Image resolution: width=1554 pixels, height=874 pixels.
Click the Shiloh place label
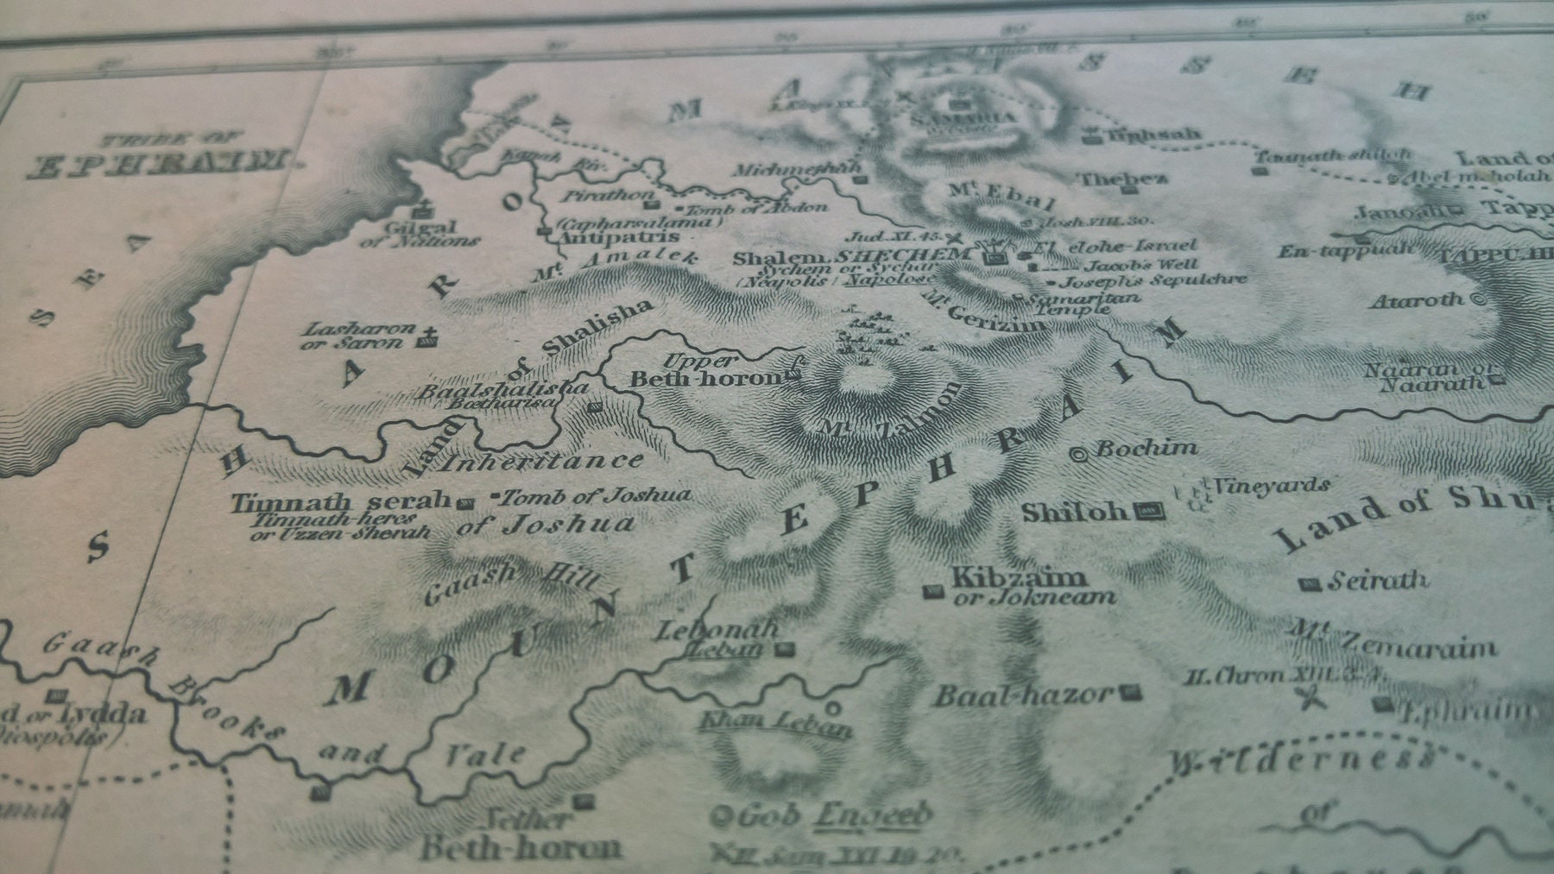[1074, 512]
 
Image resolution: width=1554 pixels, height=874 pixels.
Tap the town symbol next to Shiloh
[1152, 512]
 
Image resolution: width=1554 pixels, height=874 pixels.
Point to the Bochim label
[1147, 449]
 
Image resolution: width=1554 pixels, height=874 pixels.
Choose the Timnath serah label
[341, 501]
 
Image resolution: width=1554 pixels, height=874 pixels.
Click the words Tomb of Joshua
[597, 496]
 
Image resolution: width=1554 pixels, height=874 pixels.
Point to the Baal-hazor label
[1023, 695]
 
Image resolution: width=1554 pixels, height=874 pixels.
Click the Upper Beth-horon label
[704, 371]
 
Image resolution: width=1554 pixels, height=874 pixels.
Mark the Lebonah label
[717, 631]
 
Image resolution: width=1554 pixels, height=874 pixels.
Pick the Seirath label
[1377, 581]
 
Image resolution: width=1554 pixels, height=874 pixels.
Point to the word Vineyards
[1270, 486]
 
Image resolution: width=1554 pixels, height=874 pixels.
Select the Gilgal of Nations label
[420, 233]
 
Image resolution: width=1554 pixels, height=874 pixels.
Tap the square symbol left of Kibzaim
[932, 591]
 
